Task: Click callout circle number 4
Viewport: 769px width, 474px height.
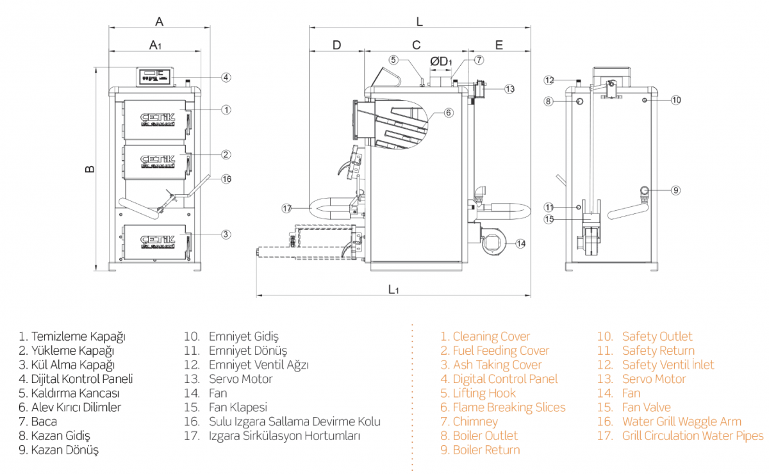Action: click(226, 78)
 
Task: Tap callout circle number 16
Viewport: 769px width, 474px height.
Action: click(226, 179)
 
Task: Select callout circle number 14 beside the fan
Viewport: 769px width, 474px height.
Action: click(520, 243)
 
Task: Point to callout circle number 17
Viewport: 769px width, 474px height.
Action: click(286, 208)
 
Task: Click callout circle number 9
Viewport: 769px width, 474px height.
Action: click(676, 190)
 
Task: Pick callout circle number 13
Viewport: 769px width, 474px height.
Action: click(509, 88)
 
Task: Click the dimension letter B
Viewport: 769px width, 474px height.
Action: click(90, 169)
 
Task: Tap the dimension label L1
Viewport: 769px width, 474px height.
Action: click(393, 289)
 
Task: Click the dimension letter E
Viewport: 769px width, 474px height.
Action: click(499, 45)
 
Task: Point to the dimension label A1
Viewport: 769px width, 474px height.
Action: click(155, 45)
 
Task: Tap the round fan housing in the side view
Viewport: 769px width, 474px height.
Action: click(493, 242)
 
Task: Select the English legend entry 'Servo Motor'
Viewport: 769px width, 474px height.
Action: click(654, 379)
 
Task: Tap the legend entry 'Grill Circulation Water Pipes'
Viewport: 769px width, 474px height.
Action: click(692, 436)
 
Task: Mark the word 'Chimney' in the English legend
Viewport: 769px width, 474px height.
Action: click(475, 421)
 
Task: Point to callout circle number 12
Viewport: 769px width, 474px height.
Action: click(549, 80)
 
